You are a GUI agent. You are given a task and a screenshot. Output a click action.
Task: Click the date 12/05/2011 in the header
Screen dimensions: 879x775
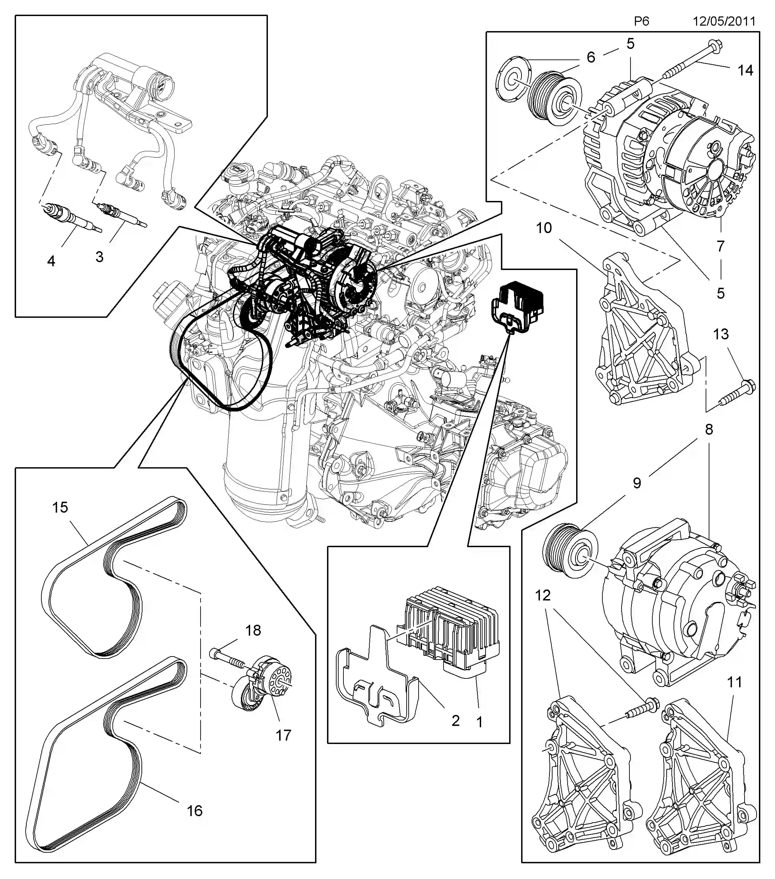(724, 21)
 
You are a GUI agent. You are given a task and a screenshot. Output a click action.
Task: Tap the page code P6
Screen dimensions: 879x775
(641, 21)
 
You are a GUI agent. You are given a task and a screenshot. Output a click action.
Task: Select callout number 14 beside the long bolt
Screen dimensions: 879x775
(745, 70)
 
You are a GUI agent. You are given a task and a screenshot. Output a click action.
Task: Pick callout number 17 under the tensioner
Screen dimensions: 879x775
(283, 735)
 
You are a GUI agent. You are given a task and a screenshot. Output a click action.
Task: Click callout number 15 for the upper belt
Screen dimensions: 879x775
(60, 507)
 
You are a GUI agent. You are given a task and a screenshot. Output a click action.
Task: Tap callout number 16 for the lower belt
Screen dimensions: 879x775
(194, 811)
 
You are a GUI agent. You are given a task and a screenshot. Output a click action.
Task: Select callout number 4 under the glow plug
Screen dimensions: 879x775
(51, 261)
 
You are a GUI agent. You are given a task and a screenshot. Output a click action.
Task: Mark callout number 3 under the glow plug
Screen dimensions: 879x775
(99, 257)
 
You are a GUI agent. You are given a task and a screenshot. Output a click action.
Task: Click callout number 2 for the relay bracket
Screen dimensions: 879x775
(456, 720)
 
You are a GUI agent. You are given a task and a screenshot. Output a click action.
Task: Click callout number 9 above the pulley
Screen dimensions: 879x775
(637, 483)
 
